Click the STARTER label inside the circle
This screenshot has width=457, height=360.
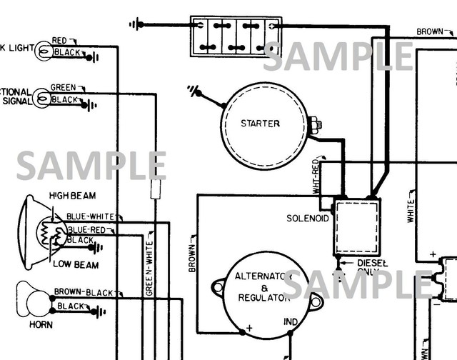pos(260,124)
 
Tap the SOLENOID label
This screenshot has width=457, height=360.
pos(308,218)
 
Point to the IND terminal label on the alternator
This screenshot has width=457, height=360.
pos(291,323)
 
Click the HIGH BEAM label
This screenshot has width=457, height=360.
pos(73,195)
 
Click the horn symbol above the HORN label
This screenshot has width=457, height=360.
pos(33,298)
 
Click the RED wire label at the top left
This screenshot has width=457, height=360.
pos(59,40)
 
